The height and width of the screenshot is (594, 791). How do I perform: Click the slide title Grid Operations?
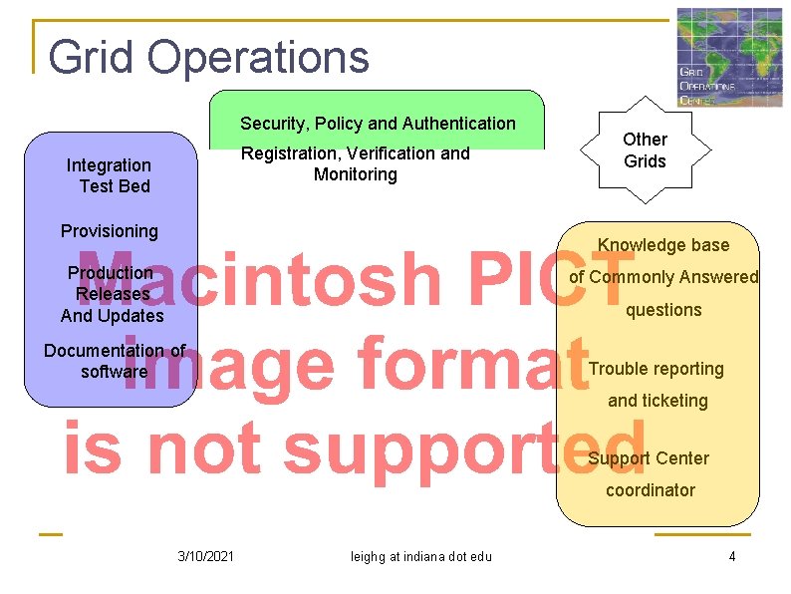point(208,57)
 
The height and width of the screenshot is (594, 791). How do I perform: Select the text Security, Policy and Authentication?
point(378,124)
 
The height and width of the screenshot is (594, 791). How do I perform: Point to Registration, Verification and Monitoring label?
point(356,164)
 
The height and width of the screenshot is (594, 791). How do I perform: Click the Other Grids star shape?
point(645,150)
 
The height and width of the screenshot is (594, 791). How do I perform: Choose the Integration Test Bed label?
point(110,175)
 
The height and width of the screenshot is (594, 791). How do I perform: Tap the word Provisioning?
point(110,231)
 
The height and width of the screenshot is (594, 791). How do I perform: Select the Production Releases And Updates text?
point(111,294)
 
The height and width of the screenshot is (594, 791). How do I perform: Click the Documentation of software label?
point(115,361)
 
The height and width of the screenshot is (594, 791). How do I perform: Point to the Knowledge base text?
point(663,245)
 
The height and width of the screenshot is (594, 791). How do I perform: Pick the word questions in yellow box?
point(663,310)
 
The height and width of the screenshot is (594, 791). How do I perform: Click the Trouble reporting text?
point(657,369)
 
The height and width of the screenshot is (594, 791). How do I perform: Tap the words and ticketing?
point(658,401)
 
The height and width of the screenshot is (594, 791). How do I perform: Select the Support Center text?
point(649,458)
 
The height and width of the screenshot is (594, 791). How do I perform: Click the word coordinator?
point(651,490)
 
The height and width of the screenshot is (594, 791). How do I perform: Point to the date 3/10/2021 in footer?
point(205,556)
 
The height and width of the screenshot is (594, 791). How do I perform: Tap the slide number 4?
point(732,556)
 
